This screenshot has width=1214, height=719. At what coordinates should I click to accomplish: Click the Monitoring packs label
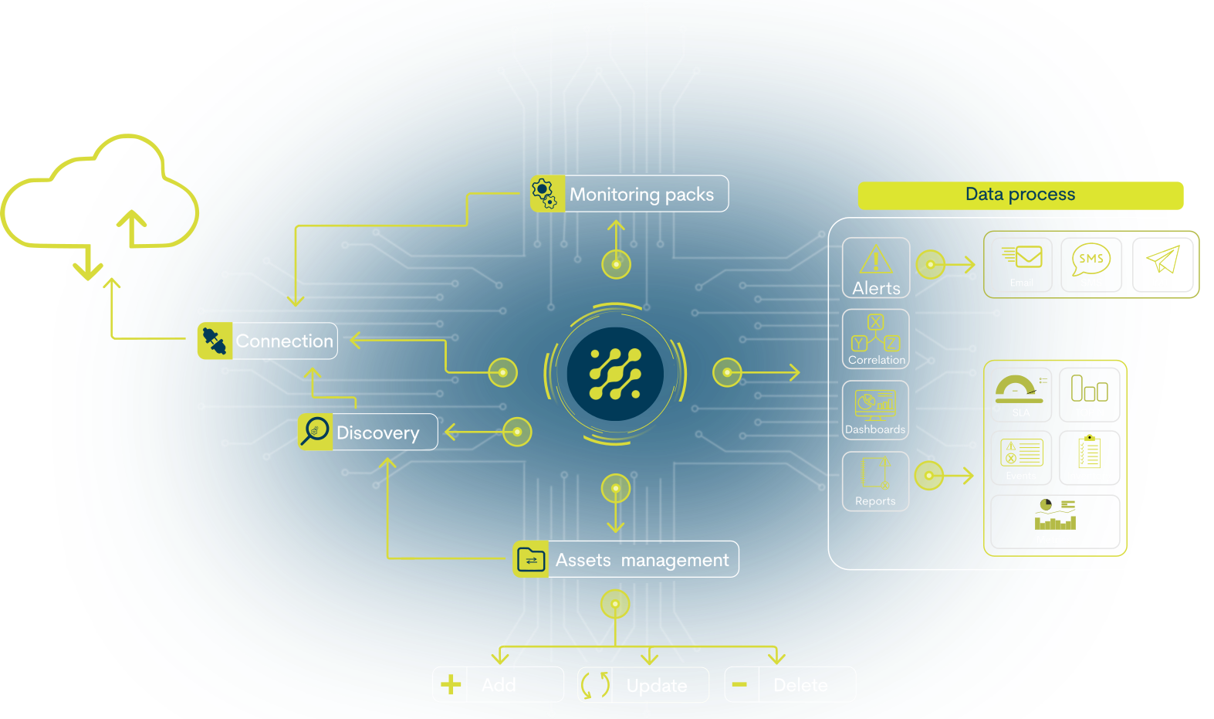point(641,195)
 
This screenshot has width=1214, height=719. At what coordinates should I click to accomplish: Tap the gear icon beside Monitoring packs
point(544,193)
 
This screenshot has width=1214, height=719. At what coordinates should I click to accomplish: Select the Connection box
point(268,341)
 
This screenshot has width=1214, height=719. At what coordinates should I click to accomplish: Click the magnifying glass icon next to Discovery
point(315,432)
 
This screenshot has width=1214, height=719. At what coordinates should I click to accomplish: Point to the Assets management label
point(641,560)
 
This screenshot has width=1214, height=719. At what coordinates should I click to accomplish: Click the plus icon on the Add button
point(451,684)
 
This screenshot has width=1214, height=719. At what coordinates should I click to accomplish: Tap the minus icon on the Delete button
point(739,684)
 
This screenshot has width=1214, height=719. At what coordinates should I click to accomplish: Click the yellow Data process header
point(1020,195)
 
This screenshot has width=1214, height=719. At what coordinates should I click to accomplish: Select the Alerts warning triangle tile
point(876,267)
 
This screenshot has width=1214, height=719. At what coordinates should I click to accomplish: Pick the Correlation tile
point(876,339)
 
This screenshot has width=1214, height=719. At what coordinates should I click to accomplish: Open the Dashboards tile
point(875,410)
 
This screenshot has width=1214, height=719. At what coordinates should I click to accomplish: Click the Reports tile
point(875,481)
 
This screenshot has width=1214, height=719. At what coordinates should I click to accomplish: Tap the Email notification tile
point(1022,265)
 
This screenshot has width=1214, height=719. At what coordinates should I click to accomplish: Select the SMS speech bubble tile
point(1091,265)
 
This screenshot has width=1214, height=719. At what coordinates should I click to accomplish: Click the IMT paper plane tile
point(1162,265)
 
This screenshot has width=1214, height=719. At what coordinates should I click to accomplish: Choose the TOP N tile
point(1089,395)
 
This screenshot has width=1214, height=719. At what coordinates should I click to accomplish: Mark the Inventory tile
point(1089,458)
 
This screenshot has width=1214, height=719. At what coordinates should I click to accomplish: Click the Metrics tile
point(1054,522)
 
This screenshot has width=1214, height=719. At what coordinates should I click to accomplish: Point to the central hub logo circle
point(615,374)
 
